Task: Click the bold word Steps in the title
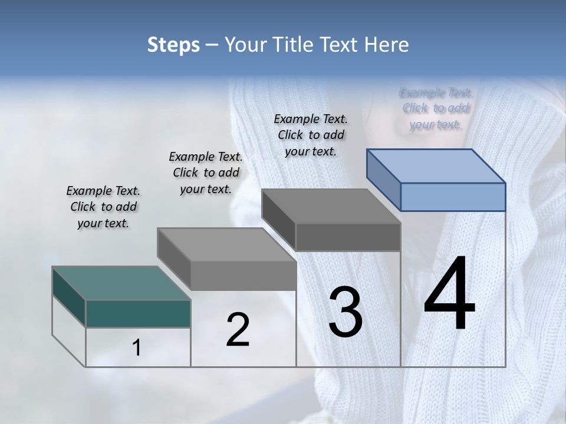tap(173, 45)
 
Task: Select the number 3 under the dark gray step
tap(345, 312)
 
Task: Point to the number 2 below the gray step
tap(238, 330)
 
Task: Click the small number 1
tap(137, 348)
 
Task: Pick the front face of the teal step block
tap(138, 313)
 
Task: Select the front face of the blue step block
tap(453, 197)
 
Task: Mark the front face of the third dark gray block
tap(348, 237)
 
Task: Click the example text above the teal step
tap(103, 207)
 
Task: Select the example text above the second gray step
tap(206, 173)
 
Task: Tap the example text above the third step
tap(311, 135)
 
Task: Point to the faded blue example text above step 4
tap(436, 108)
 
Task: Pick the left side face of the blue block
tap(384, 179)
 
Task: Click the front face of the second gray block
tap(243, 276)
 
